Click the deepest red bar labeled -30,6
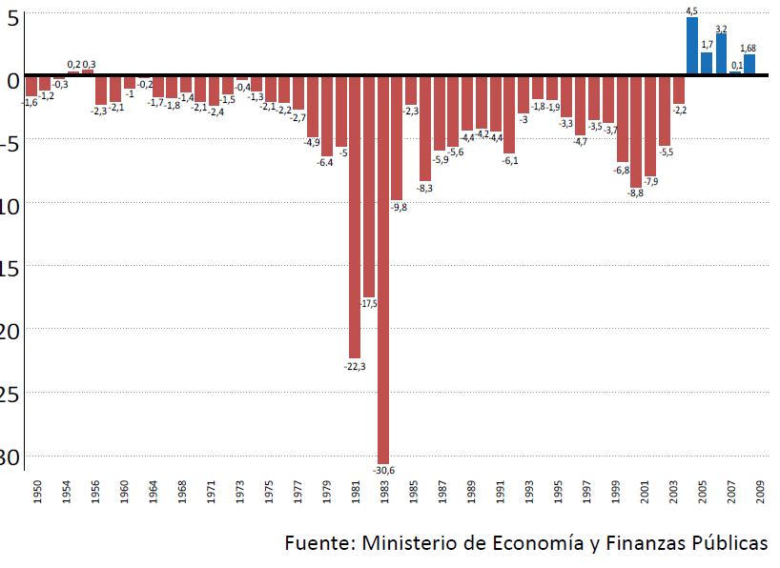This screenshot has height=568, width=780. (383, 267)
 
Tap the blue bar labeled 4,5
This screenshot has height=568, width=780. (692, 46)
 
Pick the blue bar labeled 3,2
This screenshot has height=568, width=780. (721, 54)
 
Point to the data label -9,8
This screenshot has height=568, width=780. (399, 207)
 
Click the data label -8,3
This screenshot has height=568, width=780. (425, 188)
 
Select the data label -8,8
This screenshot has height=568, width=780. (635, 193)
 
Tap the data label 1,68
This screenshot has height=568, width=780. (749, 49)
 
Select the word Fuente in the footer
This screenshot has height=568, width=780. (318, 543)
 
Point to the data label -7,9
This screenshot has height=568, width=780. (650, 181)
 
